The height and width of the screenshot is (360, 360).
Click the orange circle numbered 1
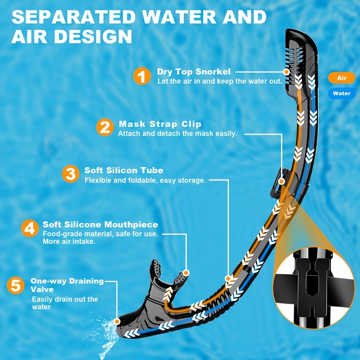pyautogui.click(x=142, y=76)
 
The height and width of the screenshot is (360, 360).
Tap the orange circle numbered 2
pyautogui.click(x=105, y=127)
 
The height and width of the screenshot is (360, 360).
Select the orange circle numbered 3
pyautogui.click(x=71, y=174)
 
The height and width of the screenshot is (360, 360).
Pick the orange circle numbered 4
pyautogui.click(x=30, y=228)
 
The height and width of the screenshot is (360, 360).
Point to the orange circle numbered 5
pyautogui.click(x=15, y=285)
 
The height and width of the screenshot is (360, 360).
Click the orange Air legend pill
pyautogui.click(x=342, y=78)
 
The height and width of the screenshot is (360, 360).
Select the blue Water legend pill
pyautogui.click(x=342, y=94)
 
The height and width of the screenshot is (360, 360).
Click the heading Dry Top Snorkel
pyautogui.click(x=194, y=72)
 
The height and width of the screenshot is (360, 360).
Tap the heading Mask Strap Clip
pyautogui.click(x=160, y=124)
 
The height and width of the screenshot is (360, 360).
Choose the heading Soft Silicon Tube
pyautogui.click(x=124, y=170)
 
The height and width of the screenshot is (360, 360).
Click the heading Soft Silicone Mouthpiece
pyautogui.click(x=100, y=225)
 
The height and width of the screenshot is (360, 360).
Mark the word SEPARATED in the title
pyautogui.click(x=73, y=17)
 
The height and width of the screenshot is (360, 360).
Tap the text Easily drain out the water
pyautogui.click(x=65, y=303)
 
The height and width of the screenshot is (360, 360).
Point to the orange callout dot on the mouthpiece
pyautogui.click(x=186, y=273)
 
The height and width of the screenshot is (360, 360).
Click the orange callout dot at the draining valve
pyautogui.click(x=117, y=321)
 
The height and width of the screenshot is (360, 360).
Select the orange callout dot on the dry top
pyautogui.click(x=286, y=72)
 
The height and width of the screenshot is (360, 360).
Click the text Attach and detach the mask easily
pyautogui.click(x=177, y=134)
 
